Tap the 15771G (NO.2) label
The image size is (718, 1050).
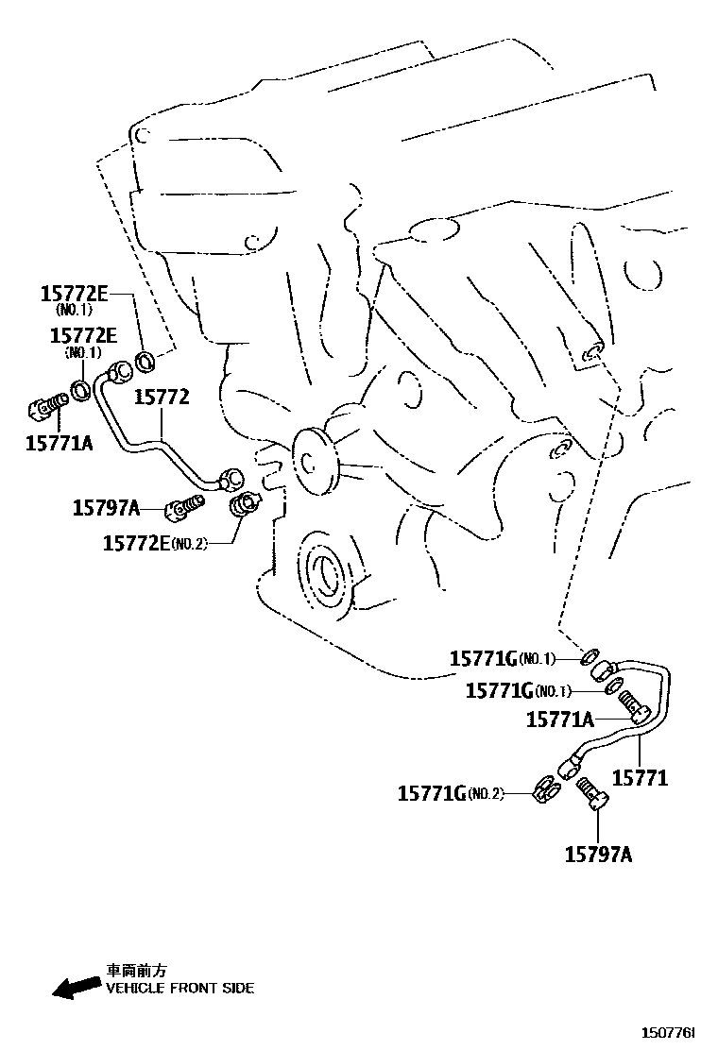[451, 794]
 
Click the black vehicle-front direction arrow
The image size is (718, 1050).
[75, 987]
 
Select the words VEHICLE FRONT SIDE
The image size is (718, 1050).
[179, 989]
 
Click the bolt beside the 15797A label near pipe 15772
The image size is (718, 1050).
[184, 507]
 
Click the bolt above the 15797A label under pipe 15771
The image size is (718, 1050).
[592, 791]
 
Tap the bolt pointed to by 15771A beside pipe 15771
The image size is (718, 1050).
[632, 703]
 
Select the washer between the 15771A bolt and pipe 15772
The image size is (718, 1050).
[82, 390]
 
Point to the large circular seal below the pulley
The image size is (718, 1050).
[325, 571]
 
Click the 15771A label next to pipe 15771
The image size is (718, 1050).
[558, 720]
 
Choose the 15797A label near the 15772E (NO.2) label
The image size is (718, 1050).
[106, 508]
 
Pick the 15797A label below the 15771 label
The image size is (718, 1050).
[598, 855]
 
